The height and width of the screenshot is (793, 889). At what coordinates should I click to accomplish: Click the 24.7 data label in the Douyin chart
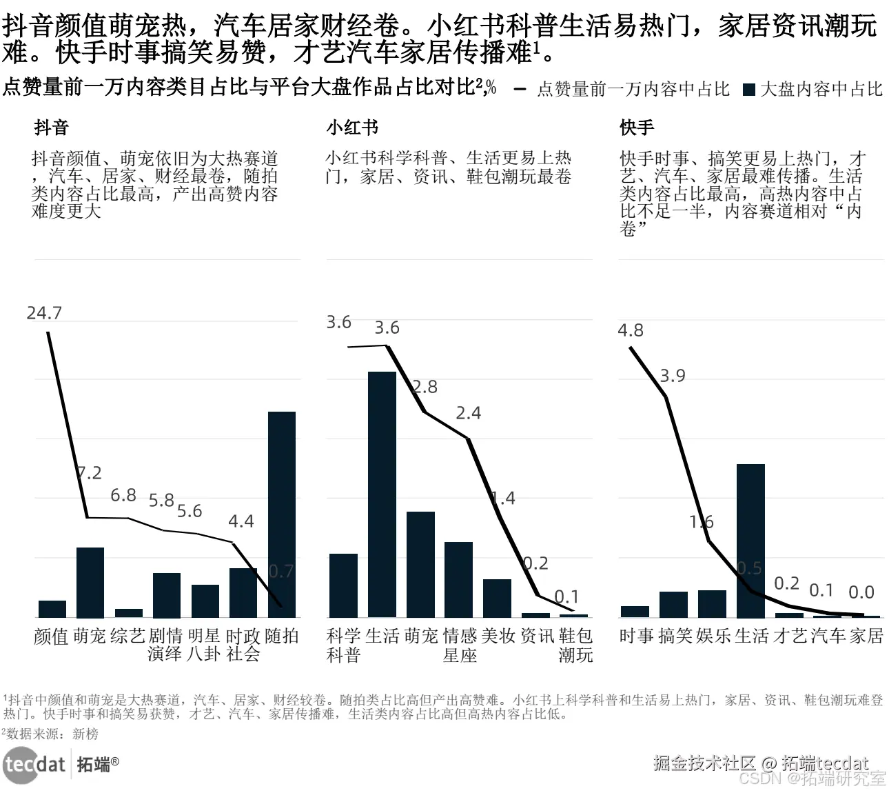[44, 313]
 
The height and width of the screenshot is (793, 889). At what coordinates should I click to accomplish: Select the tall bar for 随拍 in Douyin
[281, 514]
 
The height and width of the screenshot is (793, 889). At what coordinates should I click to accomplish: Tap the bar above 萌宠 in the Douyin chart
[90, 582]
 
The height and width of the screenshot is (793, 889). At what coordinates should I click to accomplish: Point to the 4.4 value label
[241, 521]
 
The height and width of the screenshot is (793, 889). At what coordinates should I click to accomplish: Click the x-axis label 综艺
[128, 636]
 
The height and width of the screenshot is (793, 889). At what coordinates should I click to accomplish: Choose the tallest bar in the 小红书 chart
[382, 494]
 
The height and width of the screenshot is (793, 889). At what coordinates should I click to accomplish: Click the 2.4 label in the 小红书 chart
[469, 413]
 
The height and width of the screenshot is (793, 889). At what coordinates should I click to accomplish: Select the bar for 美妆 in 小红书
[497, 598]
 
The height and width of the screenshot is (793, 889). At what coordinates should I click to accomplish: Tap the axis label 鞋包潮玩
[575, 645]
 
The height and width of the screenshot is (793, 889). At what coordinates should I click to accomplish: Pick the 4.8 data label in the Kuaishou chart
[631, 330]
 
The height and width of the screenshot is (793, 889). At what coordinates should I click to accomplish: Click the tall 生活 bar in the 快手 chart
[750, 541]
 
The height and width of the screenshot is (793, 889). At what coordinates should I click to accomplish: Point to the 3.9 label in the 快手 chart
[673, 376]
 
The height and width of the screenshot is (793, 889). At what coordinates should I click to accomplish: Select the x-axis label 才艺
[789, 636]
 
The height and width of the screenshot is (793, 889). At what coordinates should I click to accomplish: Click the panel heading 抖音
[51, 128]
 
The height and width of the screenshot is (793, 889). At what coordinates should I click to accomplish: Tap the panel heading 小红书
[352, 128]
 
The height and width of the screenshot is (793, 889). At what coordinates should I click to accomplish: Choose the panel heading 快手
[637, 128]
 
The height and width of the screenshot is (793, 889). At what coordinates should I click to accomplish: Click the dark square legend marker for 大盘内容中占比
[749, 90]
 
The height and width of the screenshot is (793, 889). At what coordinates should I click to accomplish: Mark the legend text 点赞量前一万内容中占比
[633, 90]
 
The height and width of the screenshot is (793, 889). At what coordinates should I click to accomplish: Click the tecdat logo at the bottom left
[34, 765]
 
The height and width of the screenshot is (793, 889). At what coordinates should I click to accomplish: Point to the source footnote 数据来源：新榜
[52, 734]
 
